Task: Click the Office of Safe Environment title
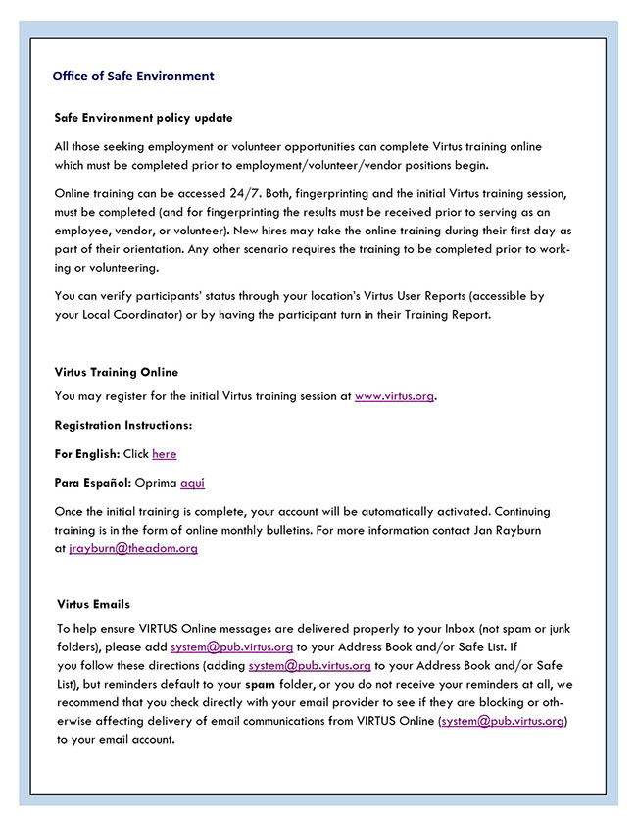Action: (133, 76)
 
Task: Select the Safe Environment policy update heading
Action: (144, 118)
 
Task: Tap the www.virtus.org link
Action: (394, 396)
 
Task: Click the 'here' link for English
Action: (165, 454)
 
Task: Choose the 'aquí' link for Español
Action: (192, 483)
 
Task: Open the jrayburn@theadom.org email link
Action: (133, 548)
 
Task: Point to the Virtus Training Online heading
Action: (117, 372)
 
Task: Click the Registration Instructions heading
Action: (123, 425)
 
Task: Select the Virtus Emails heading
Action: (94, 604)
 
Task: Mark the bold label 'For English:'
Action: (87, 454)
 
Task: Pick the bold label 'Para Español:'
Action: (92, 483)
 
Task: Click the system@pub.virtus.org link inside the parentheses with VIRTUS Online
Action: (503, 721)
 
